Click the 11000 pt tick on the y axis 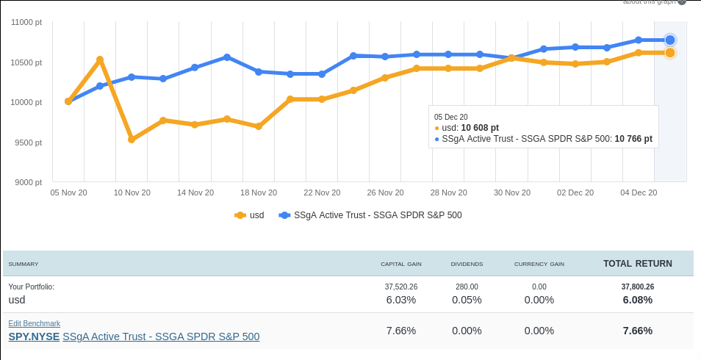click(x=27, y=23)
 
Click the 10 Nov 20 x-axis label click(x=132, y=192)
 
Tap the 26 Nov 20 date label click(x=385, y=192)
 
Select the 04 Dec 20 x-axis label click(x=639, y=192)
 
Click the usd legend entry click(x=249, y=215)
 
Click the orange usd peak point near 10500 click(x=100, y=60)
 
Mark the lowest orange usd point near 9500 click(x=132, y=139)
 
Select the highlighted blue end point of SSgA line click(x=670, y=40)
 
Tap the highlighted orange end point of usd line click(x=670, y=53)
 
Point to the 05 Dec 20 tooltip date click(x=450, y=117)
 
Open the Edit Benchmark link click(x=34, y=323)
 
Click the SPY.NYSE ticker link click(x=34, y=336)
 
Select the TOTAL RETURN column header click(x=637, y=263)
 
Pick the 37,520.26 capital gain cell click(x=400, y=287)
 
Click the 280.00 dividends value click(x=467, y=287)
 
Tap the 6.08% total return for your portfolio click(x=637, y=300)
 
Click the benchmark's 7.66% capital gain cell click(x=400, y=331)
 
